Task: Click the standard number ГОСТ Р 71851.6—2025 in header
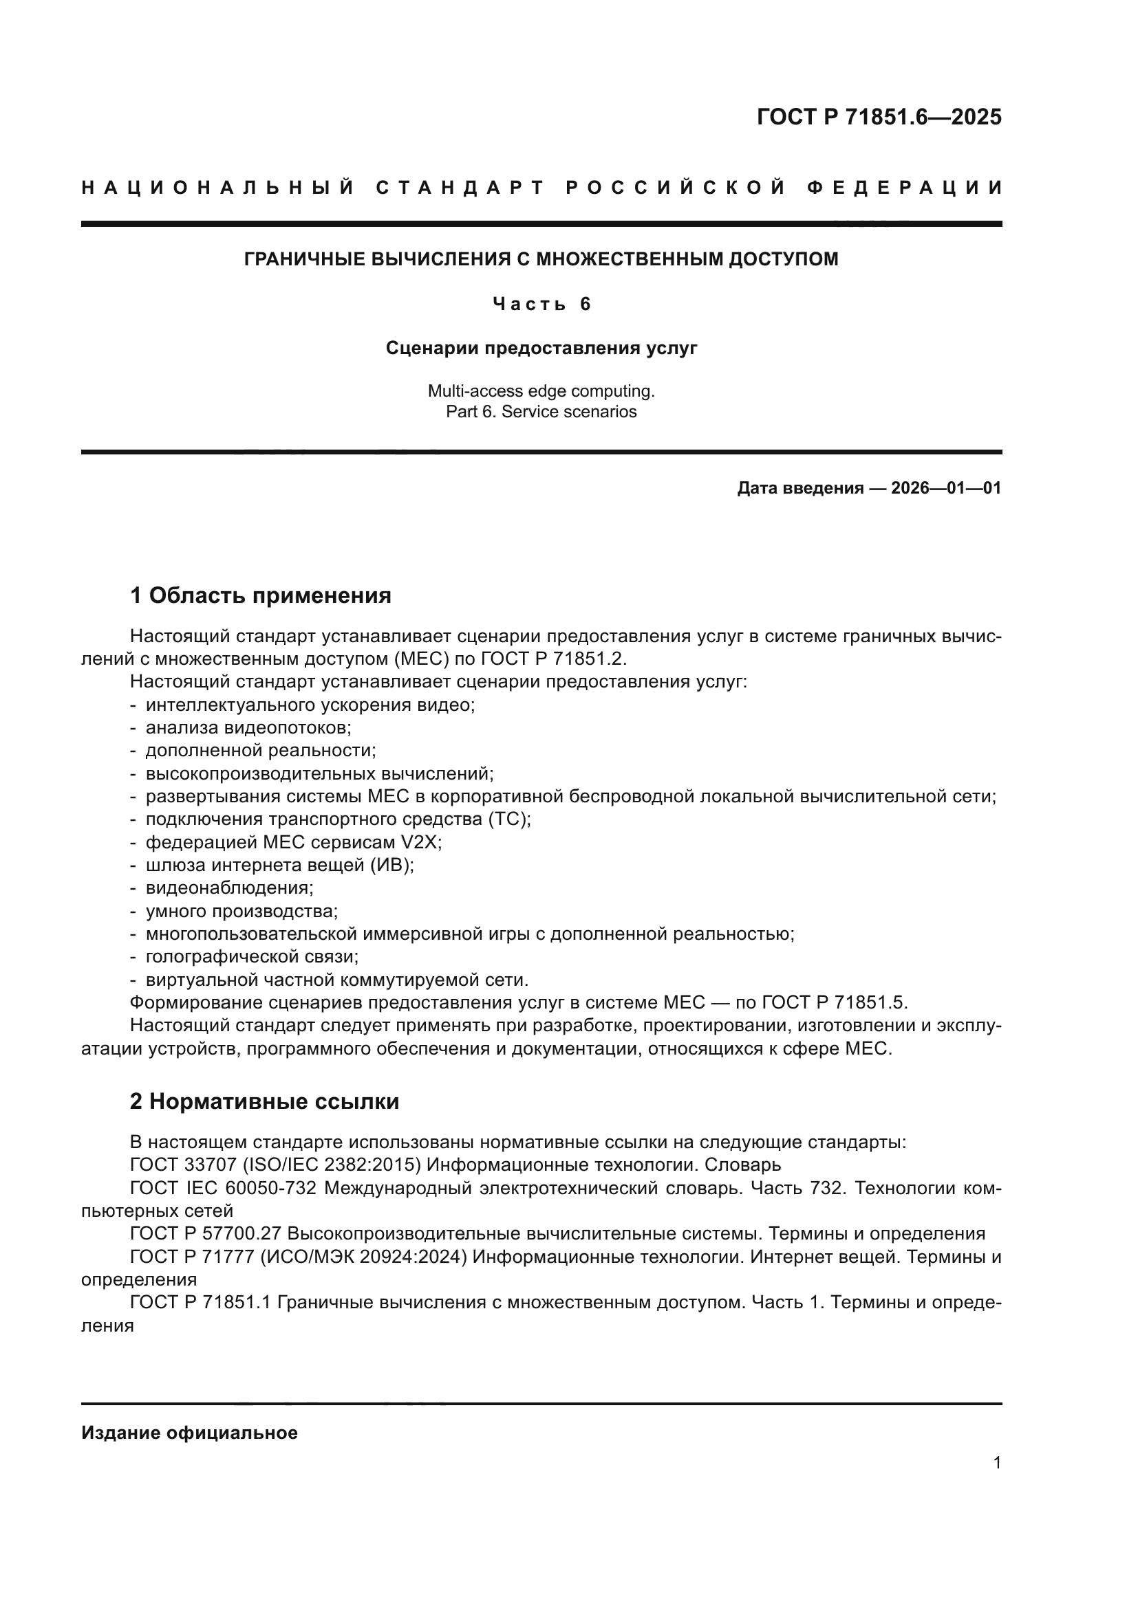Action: click(x=879, y=117)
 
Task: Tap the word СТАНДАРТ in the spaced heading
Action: click(x=460, y=188)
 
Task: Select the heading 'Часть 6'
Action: click(x=541, y=304)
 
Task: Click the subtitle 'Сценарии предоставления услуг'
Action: click(x=541, y=348)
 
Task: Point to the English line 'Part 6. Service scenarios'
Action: click(x=541, y=412)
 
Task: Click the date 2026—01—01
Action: click(x=946, y=488)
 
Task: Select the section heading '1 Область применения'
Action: click(x=260, y=596)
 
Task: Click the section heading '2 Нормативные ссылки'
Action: click(x=264, y=1101)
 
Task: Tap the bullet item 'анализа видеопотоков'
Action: click(x=248, y=727)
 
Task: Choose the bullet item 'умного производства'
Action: click(x=241, y=911)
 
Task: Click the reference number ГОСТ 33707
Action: click(x=184, y=1165)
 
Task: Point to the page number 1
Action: click(x=996, y=1463)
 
